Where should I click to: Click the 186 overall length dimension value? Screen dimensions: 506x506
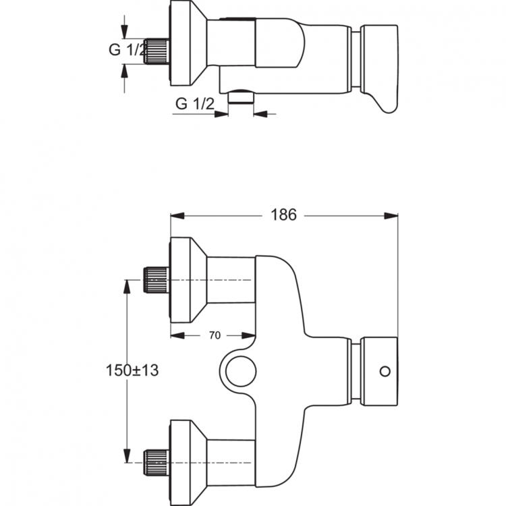pyautogui.click(x=284, y=215)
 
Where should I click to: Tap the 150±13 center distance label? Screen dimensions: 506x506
pyautogui.click(x=132, y=370)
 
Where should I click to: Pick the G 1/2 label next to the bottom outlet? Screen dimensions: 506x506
pyautogui.click(x=194, y=104)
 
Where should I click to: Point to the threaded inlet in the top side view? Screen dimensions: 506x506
pyautogui.click(x=156, y=51)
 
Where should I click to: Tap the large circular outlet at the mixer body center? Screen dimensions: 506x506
pyautogui.click(x=240, y=370)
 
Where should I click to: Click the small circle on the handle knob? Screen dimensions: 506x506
pyautogui.click(x=385, y=371)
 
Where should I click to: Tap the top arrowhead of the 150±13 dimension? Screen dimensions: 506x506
pyautogui.click(x=125, y=284)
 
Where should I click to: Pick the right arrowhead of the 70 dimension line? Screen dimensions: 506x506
pyautogui.click(x=251, y=335)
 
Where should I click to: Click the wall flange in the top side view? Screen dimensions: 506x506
pyautogui.click(x=186, y=43)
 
